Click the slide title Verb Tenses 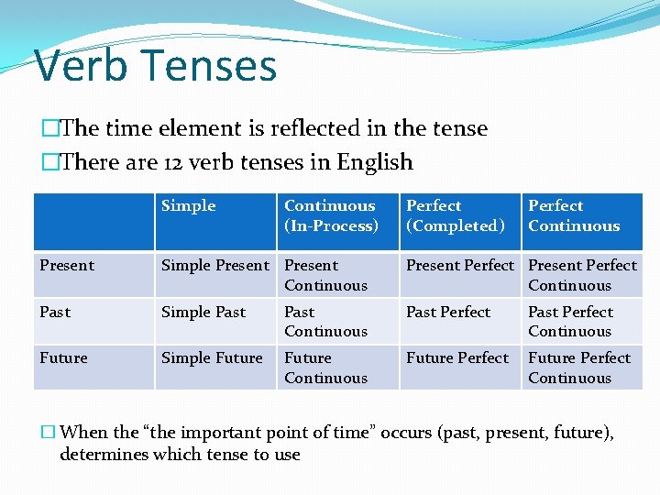156,66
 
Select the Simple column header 189,206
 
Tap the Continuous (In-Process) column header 331,216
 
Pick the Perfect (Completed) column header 456,216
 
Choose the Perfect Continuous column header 574,216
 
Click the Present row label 67,266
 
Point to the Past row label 55,313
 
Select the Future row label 63,358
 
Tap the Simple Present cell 215,266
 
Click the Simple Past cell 203,313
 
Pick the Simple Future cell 212,358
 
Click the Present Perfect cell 460,266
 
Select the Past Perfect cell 448,313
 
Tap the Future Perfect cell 457,358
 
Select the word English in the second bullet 375,163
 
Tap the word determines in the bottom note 100,455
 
